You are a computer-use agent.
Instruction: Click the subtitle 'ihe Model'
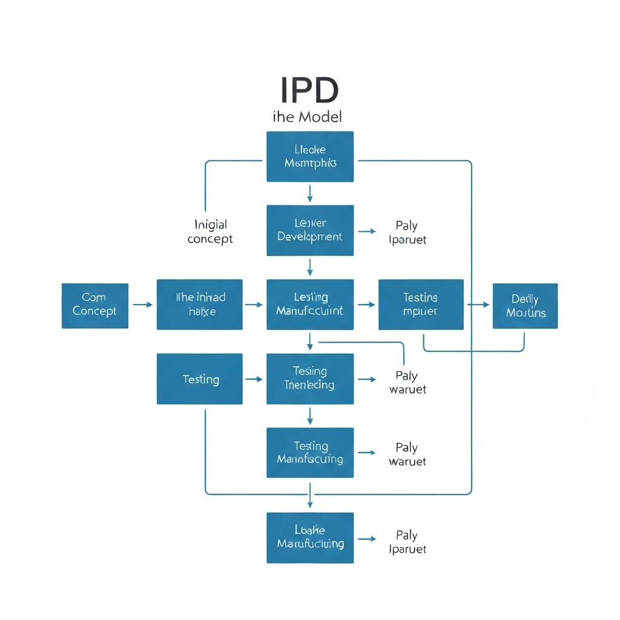[308, 117]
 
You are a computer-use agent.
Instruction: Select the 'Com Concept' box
[95, 306]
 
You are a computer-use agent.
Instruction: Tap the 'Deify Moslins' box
[525, 306]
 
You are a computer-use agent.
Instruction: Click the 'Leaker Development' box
[310, 230]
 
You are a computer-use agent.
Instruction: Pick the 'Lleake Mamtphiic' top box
[310, 156]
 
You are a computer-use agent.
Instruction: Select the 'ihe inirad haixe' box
[200, 305]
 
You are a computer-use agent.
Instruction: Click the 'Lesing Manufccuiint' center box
[310, 305]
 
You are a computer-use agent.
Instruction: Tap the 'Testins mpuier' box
[421, 305]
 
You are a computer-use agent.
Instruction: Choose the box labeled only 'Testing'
[200, 379]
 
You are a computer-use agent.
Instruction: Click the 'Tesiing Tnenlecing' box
[310, 379]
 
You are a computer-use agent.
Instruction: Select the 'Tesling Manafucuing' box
[310, 453]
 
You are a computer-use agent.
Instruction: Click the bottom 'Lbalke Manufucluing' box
[310, 538]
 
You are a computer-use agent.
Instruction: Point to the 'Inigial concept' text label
[210, 232]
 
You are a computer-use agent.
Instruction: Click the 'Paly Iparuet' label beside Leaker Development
[407, 232]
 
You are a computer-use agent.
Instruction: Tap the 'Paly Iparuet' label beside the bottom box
[407, 542]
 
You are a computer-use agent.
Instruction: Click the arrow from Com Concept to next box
[142, 305]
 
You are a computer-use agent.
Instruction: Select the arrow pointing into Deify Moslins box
[478, 305]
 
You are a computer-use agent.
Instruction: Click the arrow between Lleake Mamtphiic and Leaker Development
[310, 193]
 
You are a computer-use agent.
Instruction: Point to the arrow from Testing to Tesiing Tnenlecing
[254, 379]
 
